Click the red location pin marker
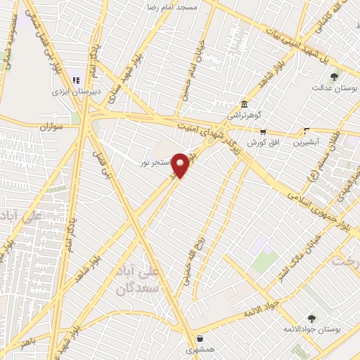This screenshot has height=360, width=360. (x=181, y=165)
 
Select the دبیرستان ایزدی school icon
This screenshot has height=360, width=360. (x=76, y=81)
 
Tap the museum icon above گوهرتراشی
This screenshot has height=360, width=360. (x=243, y=103)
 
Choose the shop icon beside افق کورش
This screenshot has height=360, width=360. (x=263, y=131)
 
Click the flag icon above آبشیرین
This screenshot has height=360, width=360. (x=306, y=130)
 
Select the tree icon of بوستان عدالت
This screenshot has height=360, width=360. (x=334, y=77)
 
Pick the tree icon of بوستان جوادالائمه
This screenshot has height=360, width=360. (x=311, y=319)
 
